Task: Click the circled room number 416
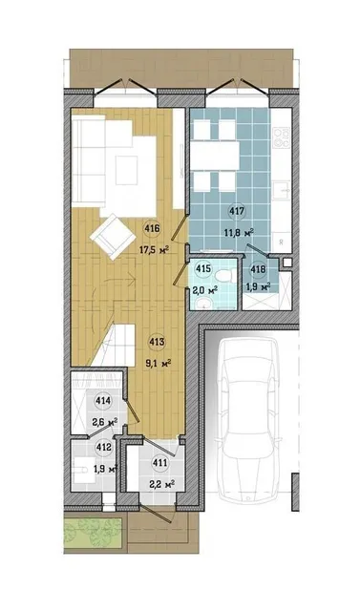(152, 229)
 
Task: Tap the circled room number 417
(237, 212)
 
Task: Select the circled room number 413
(157, 343)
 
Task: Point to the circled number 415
(203, 269)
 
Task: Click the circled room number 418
(259, 269)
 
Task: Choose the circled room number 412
(103, 448)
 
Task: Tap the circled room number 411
(160, 463)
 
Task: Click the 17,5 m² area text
(154, 250)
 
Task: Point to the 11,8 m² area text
(239, 233)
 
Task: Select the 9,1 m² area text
(159, 364)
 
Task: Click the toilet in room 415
(224, 276)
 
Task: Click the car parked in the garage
(247, 419)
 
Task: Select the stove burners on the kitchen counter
(282, 137)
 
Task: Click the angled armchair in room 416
(113, 237)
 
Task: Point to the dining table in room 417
(216, 156)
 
